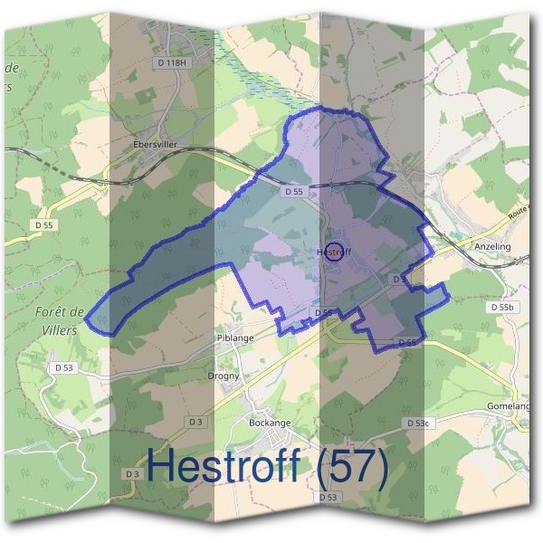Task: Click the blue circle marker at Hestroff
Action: pos(334,252)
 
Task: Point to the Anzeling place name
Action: pos(492,246)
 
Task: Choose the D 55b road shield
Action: pos(501,308)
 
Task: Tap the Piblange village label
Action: pos(234,337)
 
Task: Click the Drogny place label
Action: pos(224,376)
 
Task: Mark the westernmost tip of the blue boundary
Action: pos(85,317)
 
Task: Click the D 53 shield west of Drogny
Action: pos(63,367)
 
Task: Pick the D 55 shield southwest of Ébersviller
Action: pos(42,223)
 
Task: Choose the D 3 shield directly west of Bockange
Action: pos(196,422)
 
